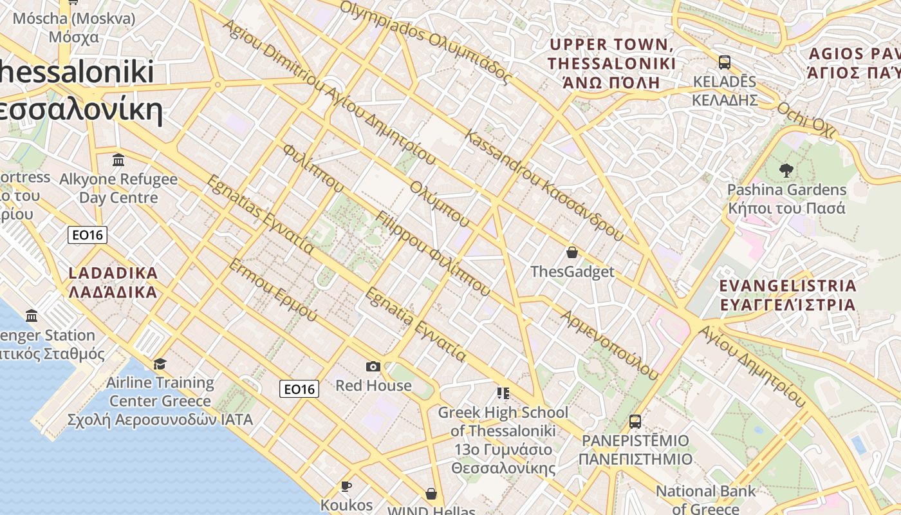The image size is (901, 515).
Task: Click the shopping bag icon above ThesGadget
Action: (571, 252)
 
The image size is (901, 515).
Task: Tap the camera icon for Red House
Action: (373, 366)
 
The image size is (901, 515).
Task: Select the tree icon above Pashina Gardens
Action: (786, 171)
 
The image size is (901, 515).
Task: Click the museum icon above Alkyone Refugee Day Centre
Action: (118, 160)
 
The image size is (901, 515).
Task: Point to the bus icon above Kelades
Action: (725, 62)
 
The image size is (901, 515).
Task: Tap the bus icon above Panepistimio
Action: (635, 422)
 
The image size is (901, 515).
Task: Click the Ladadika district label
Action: (113, 283)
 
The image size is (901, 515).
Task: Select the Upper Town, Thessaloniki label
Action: (611, 63)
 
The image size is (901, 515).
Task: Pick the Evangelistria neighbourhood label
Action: (788, 295)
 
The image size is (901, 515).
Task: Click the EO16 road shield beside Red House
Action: (300, 389)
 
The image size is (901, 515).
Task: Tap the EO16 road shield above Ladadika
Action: (88, 235)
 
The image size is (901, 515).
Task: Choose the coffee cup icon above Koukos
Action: (346, 486)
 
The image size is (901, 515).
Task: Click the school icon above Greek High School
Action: (503, 393)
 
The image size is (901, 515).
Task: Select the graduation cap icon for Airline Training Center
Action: (160, 364)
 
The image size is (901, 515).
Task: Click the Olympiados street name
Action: (426, 42)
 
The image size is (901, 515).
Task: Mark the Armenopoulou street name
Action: (610, 345)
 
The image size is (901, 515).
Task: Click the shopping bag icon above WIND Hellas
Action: (431, 494)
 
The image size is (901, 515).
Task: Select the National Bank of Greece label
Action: (705, 500)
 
